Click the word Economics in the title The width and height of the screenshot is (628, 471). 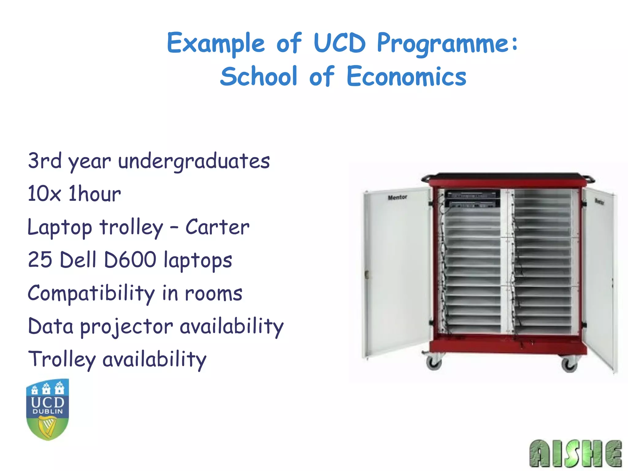click(406, 76)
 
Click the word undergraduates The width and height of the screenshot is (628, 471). click(194, 161)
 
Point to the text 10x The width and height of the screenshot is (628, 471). click(44, 194)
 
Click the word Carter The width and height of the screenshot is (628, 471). click(217, 227)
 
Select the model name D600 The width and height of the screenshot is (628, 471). click(130, 260)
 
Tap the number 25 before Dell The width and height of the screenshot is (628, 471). click(40, 260)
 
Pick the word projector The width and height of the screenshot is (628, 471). click(127, 327)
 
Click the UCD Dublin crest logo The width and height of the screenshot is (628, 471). click(48, 409)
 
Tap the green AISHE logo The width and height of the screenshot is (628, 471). click(575, 453)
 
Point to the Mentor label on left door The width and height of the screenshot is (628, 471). click(397, 197)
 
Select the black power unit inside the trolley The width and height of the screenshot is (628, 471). click(472, 199)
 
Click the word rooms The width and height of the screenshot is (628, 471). click(213, 293)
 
